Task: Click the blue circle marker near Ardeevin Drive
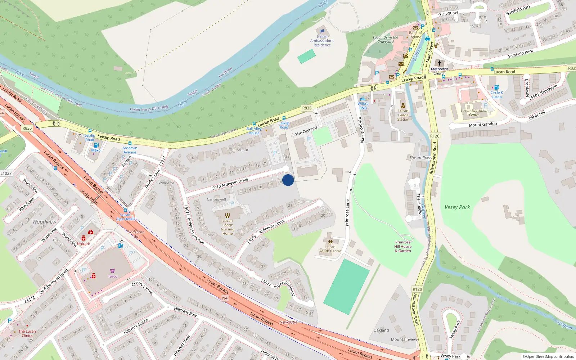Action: pos(288,180)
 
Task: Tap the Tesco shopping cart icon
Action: pos(112,271)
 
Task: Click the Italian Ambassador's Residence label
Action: pos(322,41)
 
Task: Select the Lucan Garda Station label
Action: pos(403,115)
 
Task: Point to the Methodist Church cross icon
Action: pos(439,63)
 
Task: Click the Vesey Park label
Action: pos(457,207)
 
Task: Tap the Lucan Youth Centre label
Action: pos(330,249)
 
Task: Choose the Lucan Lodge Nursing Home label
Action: pos(228,227)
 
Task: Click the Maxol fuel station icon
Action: pos(96,145)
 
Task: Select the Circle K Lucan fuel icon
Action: pos(496,87)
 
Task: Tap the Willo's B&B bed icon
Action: pos(363,99)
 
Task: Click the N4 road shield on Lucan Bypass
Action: pos(225,298)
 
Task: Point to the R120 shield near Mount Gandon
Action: pos(435,136)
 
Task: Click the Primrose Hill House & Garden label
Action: pos(403,247)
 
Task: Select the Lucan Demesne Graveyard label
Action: pos(386,39)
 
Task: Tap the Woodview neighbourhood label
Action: pos(44,222)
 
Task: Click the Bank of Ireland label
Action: pos(415,35)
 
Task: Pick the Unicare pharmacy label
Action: pos(84,244)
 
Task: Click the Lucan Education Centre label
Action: pos(474,113)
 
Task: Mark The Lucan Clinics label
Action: pos(27,333)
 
